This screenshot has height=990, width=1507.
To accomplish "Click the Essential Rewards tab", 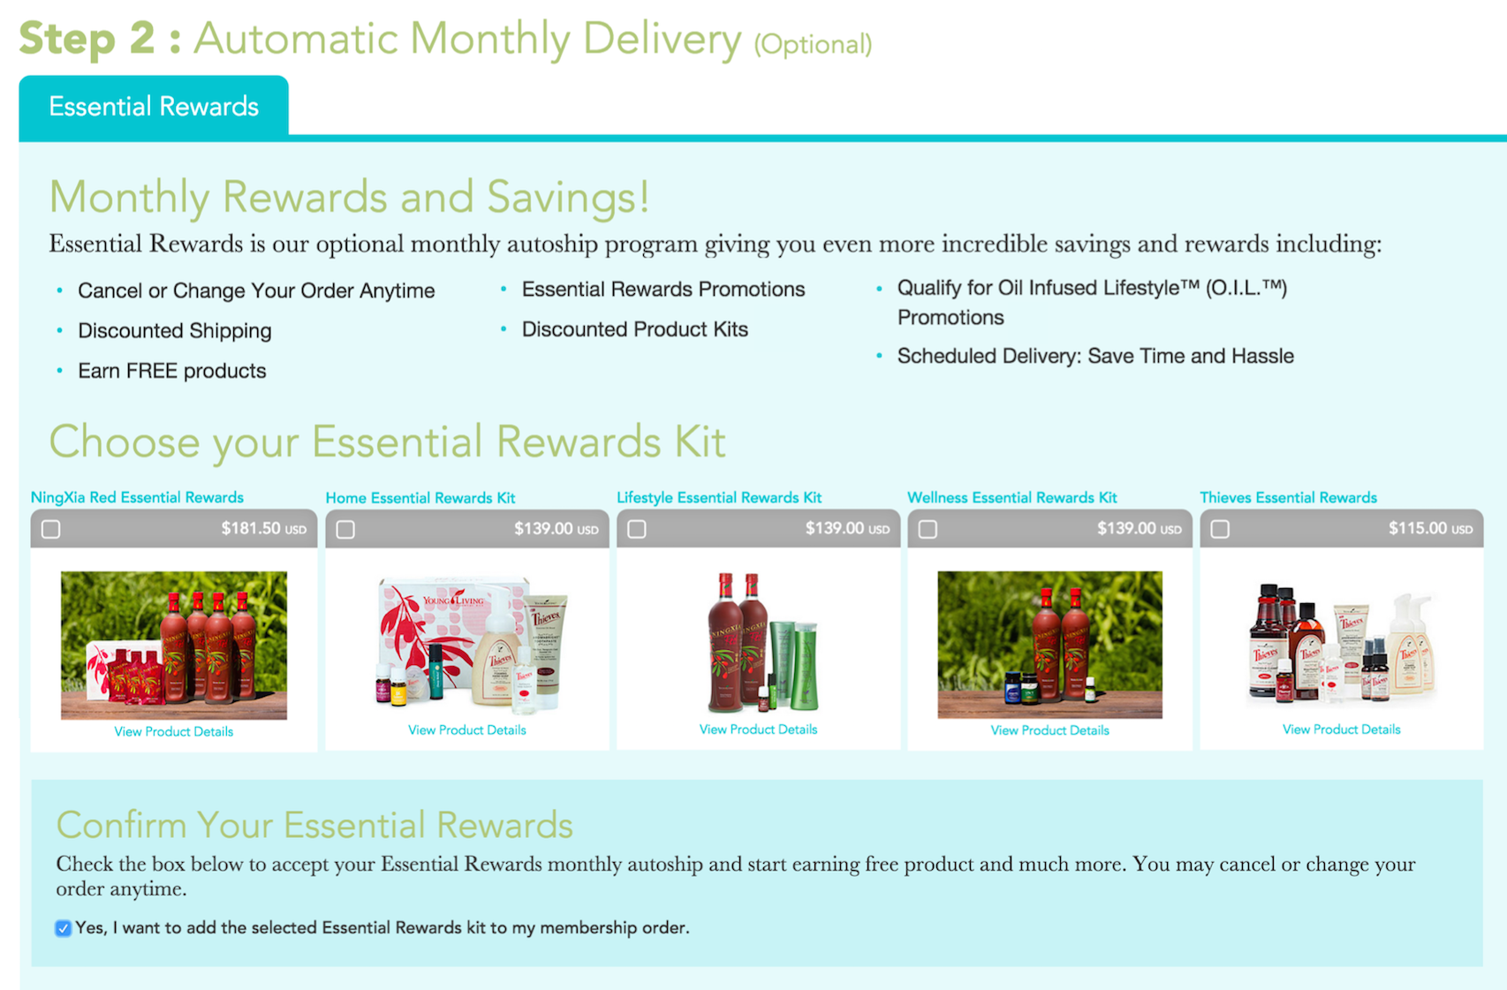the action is (154, 106).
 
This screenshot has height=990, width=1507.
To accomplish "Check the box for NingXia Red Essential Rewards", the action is (51, 529).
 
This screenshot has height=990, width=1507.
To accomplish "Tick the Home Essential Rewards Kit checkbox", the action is (345, 529).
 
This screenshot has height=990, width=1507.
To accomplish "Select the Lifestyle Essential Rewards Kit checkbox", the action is (637, 529).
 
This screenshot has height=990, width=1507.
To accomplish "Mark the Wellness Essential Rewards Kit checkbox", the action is (928, 529).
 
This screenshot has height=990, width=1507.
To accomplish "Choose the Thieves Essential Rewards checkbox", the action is (1221, 529).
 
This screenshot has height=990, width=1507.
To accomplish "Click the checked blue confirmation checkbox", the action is (64, 929).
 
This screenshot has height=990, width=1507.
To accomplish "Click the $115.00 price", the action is (1430, 529).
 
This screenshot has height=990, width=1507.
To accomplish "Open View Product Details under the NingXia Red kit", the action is (173, 732).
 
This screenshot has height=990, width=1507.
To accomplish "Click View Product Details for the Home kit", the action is (467, 730).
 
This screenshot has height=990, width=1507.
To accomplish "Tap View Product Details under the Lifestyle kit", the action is (758, 729).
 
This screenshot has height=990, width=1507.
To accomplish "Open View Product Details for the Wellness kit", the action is (1049, 730).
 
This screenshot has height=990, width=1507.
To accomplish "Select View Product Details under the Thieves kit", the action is (1342, 729).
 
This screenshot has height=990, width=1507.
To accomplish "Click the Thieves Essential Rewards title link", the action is (1288, 498).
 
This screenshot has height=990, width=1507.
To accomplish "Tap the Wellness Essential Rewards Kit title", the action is (1011, 498).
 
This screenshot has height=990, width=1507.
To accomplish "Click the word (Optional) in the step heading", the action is (813, 45).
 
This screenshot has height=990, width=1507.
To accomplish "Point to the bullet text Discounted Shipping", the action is (175, 331).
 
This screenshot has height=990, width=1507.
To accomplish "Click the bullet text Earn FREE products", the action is (172, 371).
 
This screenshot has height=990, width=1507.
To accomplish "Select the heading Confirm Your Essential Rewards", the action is (314, 825).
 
